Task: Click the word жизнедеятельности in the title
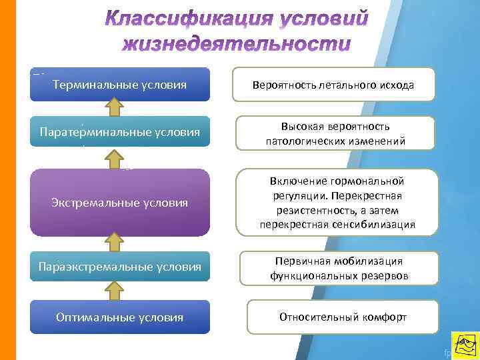tap(236, 45)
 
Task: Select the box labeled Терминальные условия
tap(120, 85)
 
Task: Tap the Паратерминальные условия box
tap(120, 132)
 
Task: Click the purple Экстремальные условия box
tap(120, 202)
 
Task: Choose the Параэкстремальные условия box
tap(120, 267)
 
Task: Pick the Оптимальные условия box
tap(120, 317)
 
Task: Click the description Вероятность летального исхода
tap(333, 85)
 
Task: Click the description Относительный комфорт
tap(342, 317)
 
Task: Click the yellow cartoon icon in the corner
tap(465, 345)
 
